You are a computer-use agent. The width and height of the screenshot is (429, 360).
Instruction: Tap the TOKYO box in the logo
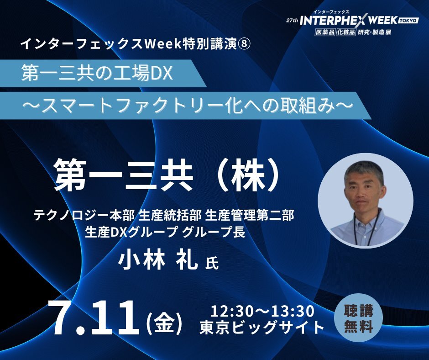pos(408,21)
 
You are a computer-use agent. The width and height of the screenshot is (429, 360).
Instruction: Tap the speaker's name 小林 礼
pos(158,260)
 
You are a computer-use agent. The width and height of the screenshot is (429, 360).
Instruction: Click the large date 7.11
pos(93,318)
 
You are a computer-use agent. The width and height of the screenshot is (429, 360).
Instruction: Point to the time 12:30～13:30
pos(262,311)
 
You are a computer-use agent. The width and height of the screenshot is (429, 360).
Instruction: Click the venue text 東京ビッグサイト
pos(262,328)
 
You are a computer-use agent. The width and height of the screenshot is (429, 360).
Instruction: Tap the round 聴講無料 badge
pos(359,318)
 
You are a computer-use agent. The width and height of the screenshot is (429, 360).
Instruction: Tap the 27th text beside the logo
pos(292,21)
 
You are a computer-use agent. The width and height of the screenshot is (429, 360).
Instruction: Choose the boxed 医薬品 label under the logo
pos(325,32)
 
